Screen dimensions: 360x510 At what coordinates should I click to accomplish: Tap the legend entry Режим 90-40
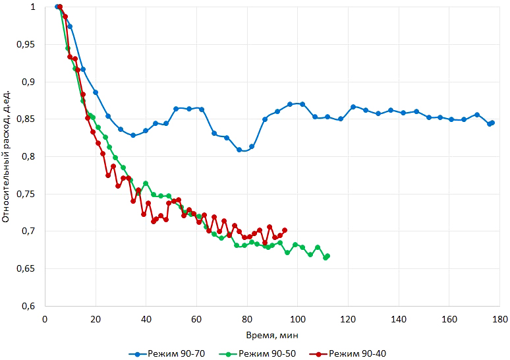[x=355, y=354]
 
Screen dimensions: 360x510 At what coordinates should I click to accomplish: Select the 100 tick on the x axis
[x=297, y=318]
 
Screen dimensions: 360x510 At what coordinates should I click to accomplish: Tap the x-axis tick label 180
[x=499, y=318]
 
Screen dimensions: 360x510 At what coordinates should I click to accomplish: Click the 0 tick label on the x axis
[x=45, y=318]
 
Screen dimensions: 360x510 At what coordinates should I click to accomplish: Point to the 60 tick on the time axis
[x=196, y=318]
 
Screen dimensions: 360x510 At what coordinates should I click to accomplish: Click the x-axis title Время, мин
[x=272, y=335]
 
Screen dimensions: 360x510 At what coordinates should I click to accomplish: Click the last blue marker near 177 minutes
[x=492, y=123]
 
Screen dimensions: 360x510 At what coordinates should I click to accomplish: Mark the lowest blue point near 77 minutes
[x=239, y=150]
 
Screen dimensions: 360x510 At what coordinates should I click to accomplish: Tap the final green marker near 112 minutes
[x=327, y=256]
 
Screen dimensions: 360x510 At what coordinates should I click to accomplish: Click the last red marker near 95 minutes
[x=285, y=230]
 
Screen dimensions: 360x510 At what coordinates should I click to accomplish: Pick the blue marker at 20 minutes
[x=96, y=92]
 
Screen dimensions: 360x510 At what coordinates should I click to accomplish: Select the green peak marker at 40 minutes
[x=146, y=183]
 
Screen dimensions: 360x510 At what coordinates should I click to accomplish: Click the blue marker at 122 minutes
[x=353, y=107]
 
